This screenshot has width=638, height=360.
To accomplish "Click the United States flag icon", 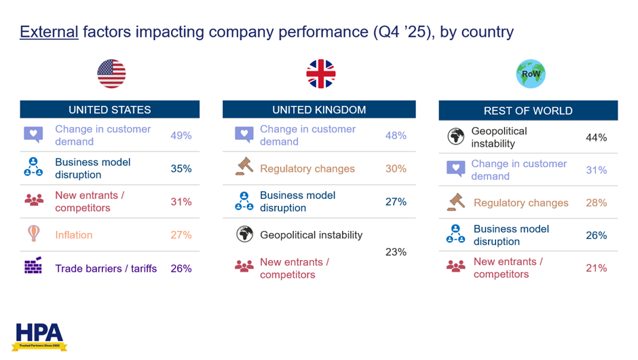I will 111,74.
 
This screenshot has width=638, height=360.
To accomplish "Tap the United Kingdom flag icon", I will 321,74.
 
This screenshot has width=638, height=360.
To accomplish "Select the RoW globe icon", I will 530,74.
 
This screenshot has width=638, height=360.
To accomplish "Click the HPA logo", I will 41,336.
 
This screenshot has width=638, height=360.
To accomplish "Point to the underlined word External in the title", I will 49,32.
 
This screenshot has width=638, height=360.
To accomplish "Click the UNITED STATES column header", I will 110,109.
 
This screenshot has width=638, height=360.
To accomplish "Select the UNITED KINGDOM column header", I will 319,109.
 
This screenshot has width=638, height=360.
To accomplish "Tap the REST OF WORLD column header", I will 528,110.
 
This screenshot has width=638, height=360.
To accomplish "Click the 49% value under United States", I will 181,135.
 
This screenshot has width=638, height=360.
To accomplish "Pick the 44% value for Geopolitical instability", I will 596,137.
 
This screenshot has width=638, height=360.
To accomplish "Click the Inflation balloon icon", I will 33,234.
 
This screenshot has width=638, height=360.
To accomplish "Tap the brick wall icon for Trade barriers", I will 33,267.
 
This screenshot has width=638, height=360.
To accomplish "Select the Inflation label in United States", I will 74,235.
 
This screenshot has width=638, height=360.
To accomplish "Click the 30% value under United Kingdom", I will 396,168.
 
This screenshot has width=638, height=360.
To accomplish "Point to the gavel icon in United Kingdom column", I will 244,167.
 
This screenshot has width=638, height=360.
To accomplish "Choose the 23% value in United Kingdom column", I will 396,252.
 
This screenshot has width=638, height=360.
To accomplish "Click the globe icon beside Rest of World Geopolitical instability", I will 455,137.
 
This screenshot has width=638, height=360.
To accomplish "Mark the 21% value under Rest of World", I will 596,268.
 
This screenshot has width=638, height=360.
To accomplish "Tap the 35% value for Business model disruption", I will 181,168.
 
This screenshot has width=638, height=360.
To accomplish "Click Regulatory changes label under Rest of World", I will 521,202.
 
